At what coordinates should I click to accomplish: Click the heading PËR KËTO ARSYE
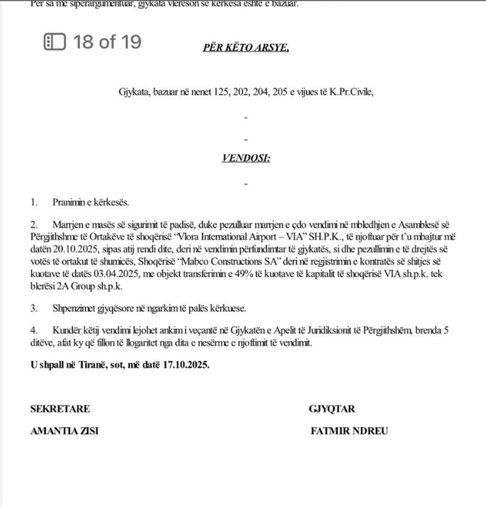(245, 47)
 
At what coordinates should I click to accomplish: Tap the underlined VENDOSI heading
(245, 158)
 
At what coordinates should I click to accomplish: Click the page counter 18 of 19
(107, 42)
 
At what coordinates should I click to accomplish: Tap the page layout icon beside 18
(55, 42)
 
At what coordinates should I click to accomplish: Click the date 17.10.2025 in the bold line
(185, 364)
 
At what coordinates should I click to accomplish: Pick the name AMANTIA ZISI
(64, 431)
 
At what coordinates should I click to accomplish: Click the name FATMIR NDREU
(349, 431)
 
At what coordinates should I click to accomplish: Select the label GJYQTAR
(332, 409)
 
